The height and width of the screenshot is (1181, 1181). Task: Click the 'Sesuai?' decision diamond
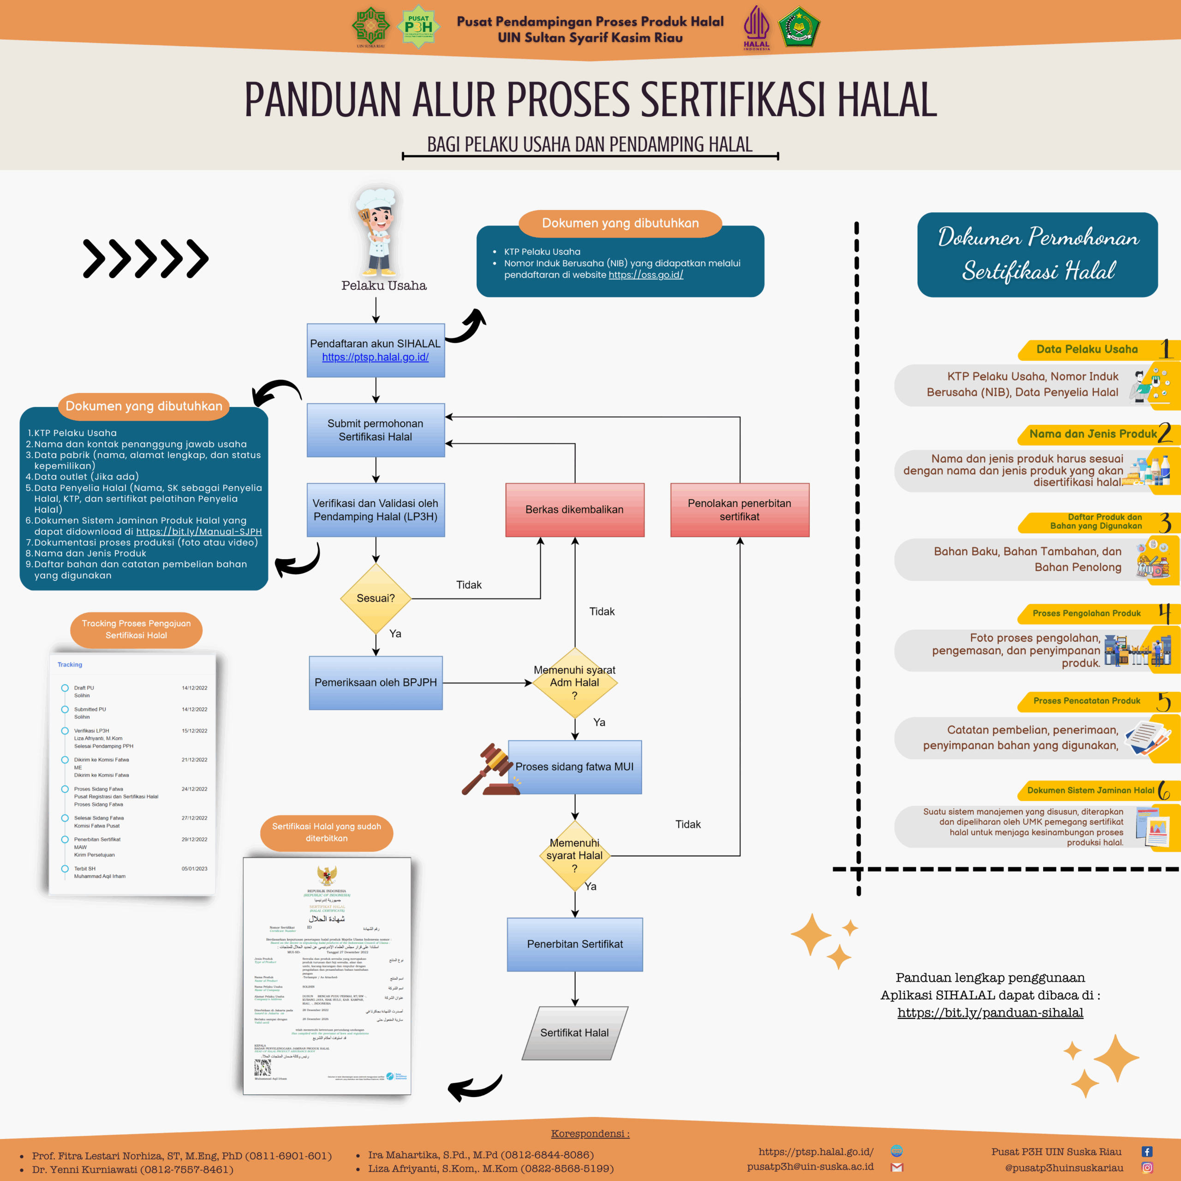tap(376, 598)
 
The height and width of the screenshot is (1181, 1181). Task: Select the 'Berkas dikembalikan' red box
tap(575, 509)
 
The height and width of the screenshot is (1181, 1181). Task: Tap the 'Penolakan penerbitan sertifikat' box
tap(740, 509)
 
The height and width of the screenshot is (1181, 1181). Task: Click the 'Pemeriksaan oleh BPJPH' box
tap(376, 682)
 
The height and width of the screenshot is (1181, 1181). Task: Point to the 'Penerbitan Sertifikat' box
tap(575, 944)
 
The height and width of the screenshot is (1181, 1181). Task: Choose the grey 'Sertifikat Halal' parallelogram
tap(575, 1032)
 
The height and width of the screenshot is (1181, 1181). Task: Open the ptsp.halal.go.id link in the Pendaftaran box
tap(376, 357)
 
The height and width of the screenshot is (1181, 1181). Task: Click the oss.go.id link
tap(645, 275)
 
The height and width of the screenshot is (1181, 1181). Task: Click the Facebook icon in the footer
tap(1147, 1151)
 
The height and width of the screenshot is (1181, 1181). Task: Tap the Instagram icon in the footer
tap(1147, 1168)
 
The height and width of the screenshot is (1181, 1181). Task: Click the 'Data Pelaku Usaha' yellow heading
tap(1087, 349)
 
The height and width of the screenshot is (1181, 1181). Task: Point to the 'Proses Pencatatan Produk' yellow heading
tap(1086, 701)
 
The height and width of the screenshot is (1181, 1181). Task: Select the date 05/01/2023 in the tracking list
tap(194, 869)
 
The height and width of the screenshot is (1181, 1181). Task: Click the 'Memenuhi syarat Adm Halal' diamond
tap(575, 682)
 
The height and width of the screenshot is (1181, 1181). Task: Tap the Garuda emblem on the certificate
tap(327, 875)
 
